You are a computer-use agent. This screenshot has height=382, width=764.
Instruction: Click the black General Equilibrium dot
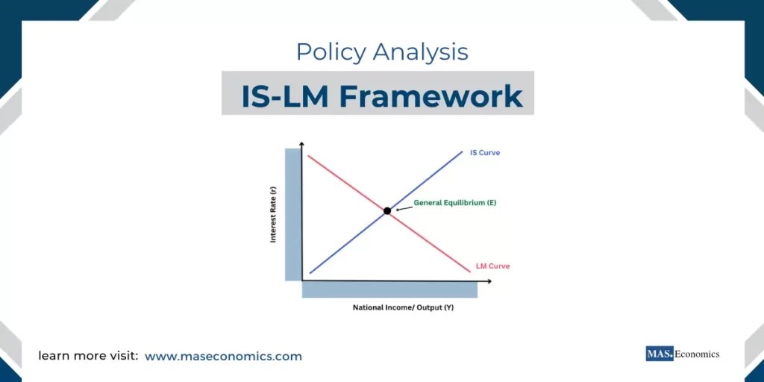tap(387, 211)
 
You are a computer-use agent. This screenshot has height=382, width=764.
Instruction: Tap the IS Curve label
tap(484, 153)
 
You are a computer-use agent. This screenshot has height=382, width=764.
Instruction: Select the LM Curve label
tap(492, 266)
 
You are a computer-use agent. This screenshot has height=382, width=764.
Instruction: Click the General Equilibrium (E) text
tap(455, 203)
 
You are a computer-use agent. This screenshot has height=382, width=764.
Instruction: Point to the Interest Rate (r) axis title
tap(274, 215)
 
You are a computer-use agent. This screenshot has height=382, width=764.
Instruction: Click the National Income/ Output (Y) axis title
tap(403, 307)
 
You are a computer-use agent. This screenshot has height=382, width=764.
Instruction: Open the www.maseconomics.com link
tap(223, 357)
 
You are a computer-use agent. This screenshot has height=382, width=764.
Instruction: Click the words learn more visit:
tap(88, 357)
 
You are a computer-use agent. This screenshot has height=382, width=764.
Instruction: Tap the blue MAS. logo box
tap(660, 354)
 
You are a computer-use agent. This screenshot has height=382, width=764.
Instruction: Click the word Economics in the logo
tap(698, 354)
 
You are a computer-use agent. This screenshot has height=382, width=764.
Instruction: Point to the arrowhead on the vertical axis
tap(301, 143)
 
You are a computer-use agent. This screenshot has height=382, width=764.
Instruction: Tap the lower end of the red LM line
tap(469, 271)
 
